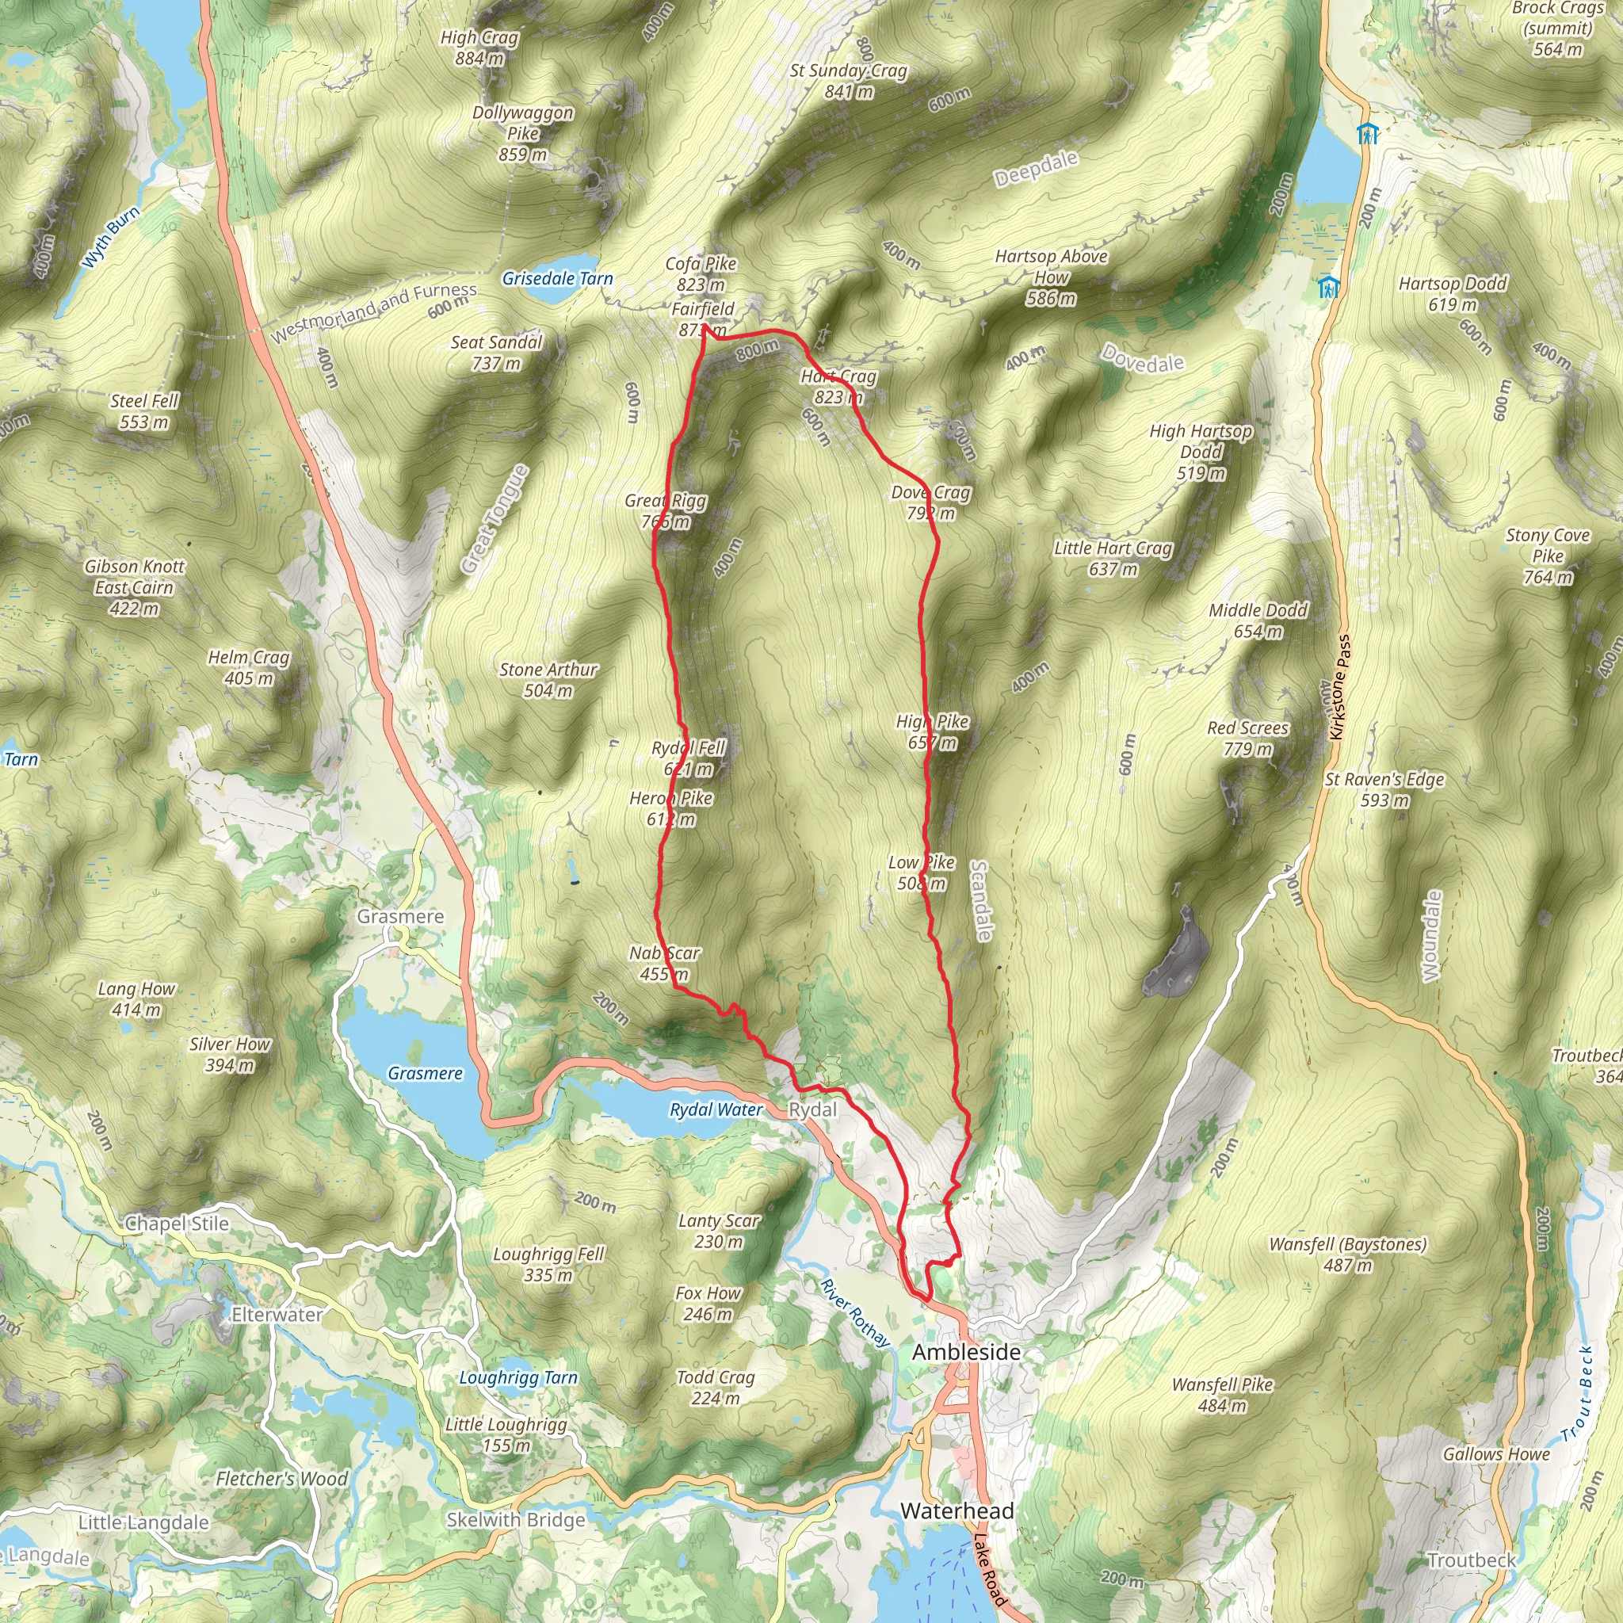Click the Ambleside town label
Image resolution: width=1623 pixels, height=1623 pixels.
point(966,1353)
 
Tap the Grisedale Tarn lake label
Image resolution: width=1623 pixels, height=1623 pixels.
point(557,279)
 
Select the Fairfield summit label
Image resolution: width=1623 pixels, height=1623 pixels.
point(703,319)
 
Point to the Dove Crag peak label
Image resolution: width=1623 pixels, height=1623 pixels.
point(931,502)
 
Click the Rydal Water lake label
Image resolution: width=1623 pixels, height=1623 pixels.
point(716,1109)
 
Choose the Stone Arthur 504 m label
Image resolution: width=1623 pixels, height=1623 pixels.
point(548,680)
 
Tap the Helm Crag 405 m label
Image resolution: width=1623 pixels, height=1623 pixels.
point(249,667)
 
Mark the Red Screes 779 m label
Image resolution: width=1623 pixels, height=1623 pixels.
point(1247,738)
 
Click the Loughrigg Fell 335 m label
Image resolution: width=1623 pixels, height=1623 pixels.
point(548,1263)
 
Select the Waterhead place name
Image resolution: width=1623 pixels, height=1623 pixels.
point(957,1511)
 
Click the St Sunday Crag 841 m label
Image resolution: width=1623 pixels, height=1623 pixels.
point(849,81)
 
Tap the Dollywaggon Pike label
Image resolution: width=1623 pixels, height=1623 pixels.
point(522,132)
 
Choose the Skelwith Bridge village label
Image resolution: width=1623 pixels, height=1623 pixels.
point(516,1520)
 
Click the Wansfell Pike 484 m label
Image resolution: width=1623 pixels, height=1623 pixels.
point(1222,1395)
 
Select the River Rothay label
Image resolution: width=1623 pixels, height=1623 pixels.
point(855,1313)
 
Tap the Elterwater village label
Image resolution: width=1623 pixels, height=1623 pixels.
point(277,1315)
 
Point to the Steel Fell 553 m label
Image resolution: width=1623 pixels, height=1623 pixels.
point(144,411)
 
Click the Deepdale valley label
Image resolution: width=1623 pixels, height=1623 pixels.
point(1036,169)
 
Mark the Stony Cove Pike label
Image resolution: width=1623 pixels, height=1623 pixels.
point(1548,556)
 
